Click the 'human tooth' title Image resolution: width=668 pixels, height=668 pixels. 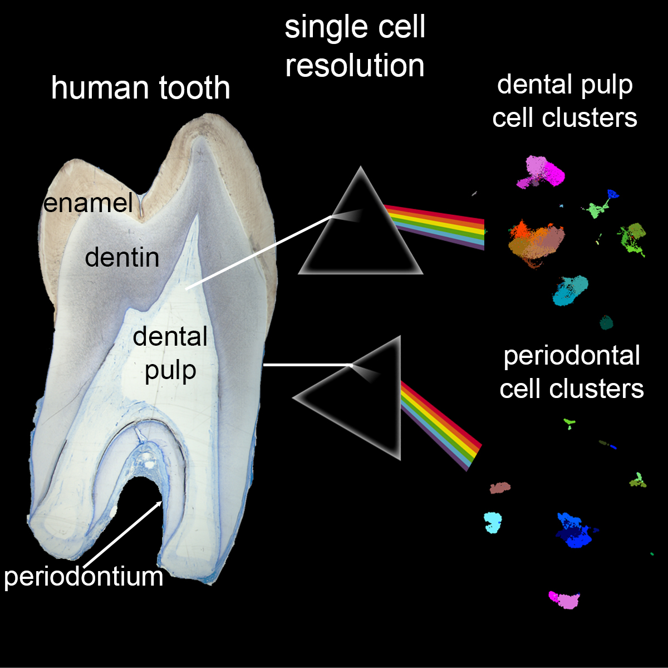[140, 88]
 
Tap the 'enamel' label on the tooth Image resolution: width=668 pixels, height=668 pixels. [88, 203]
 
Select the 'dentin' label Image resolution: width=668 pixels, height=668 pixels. [122, 257]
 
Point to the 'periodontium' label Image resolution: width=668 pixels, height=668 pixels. [83, 577]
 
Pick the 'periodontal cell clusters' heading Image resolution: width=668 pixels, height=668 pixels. [572, 372]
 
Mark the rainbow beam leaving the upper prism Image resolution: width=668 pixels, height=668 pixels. [434, 225]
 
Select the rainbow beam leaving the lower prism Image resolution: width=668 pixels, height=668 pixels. [440, 426]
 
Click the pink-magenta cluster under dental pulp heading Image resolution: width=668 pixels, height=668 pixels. [540, 171]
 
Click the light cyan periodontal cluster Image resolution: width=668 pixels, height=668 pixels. [493, 522]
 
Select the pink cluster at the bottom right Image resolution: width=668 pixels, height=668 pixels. [565, 600]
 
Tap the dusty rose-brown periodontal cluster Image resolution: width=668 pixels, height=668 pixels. [500, 488]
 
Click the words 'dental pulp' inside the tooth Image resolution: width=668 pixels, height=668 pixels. [170, 353]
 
